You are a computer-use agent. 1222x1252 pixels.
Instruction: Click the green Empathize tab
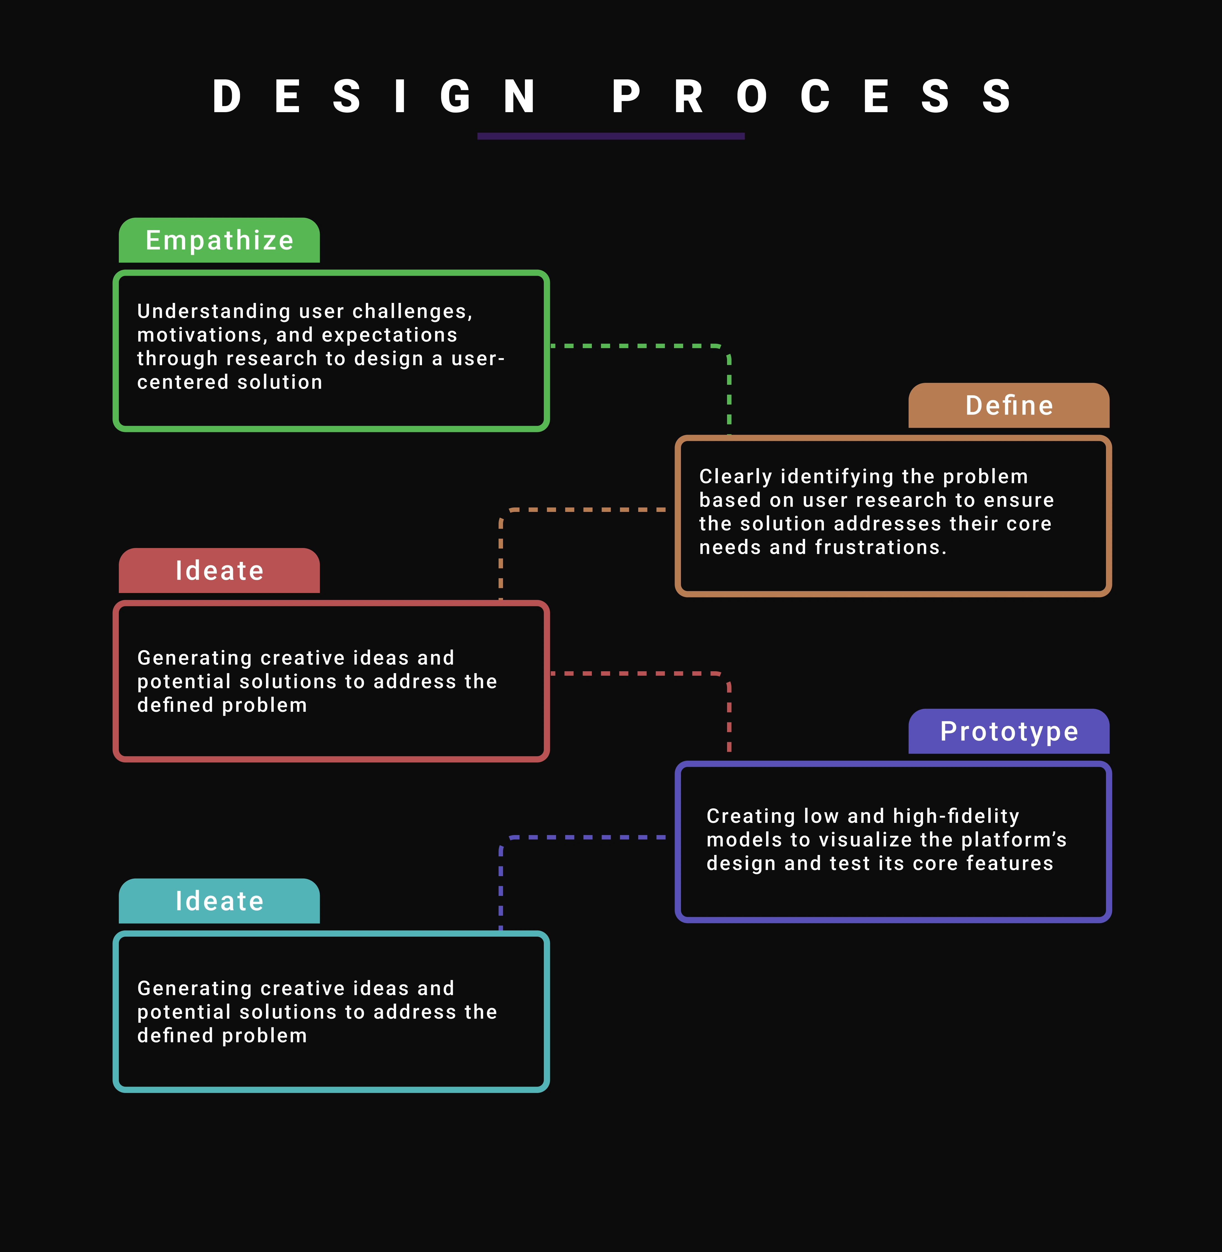click(x=219, y=240)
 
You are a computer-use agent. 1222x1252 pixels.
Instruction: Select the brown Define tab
click(x=1009, y=406)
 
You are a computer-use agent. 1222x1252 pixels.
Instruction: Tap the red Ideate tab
click(x=219, y=570)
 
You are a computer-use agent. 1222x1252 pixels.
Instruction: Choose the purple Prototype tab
click(x=1009, y=731)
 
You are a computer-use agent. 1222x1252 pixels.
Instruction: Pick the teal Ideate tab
click(x=219, y=901)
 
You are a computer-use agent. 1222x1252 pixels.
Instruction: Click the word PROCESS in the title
click(x=812, y=96)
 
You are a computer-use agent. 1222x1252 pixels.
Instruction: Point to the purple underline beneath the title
click(x=611, y=136)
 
